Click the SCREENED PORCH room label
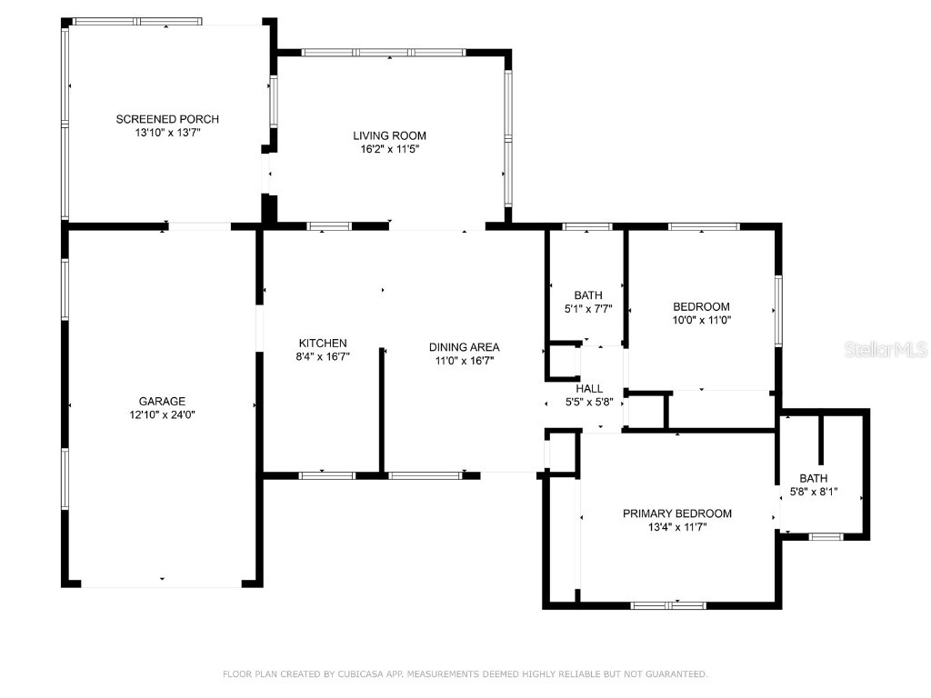click(167, 119)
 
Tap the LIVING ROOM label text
click(389, 135)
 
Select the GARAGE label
click(162, 401)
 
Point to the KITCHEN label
click(323, 343)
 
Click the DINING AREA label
click(464, 346)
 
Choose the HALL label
click(589, 388)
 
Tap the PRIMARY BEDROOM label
click(676, 514)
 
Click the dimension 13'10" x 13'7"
click(167, 133)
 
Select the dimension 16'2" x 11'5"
click(389, 149)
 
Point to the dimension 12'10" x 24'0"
click(162, 414)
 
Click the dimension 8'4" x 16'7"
click(323, 356)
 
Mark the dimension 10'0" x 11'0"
click(700, 320)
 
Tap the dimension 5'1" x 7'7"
click(588, 309)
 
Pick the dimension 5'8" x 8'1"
click(813, 492)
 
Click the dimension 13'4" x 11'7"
click(676, 527)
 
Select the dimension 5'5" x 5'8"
click(589, 402)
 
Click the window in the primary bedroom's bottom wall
click(668, 604)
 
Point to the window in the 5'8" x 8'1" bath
click(826, 537)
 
